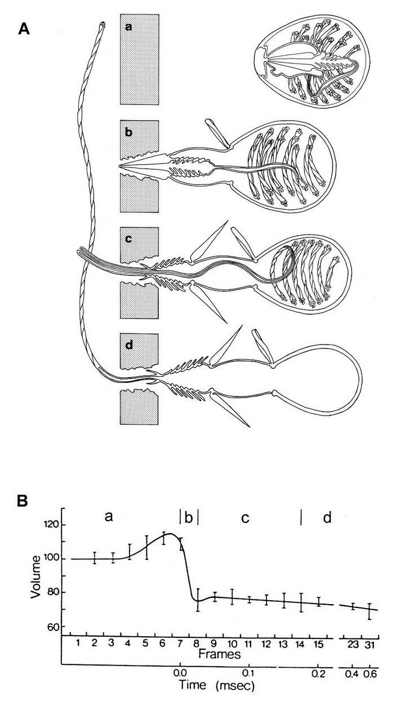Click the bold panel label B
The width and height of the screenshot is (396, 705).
pyautogui.click(x=24, y=500)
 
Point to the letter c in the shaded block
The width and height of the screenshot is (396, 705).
pyautogui.click(x=129, y=239)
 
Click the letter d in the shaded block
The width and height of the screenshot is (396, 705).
pyautogui.click(x=129, y=345)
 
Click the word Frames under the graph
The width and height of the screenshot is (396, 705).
pyautogui.click(x=219, y=654)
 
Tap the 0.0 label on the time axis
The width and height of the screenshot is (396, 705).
pyautogui.click(x=180, y=673)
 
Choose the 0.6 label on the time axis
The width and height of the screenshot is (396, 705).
pyautogui.click(x=370, y=673)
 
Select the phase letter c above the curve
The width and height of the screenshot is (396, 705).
pyautogui.click(x=245, y=518)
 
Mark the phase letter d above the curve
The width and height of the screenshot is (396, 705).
pyautogui.click(x=327, y=517)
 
